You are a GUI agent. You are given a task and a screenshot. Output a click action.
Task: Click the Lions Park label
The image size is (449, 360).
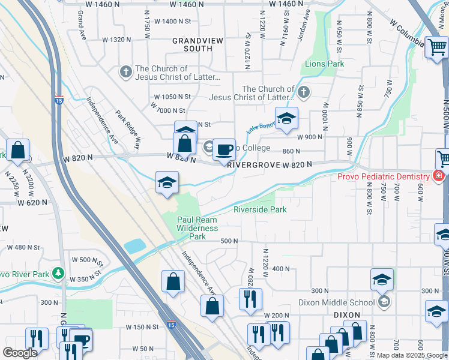click(x=325, y=64)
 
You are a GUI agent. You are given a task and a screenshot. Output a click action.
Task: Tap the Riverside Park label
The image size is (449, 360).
click(x=260, y=209)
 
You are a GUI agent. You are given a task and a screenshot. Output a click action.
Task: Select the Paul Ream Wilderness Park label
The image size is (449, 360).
click(x=197, y=228)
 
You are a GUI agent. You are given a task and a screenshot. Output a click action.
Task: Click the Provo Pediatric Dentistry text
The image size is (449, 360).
click(x=382, y=176)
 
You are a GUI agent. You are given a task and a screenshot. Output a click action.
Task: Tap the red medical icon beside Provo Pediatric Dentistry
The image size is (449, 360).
click(x=439, y=176)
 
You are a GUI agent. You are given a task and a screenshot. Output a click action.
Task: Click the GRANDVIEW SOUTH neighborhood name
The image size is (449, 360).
click(x=192, y=44)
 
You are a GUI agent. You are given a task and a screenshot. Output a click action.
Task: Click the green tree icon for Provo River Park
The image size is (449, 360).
click(x=58, y=272)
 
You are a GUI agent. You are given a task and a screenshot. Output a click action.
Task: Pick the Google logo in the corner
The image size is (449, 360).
click(x=20, y=353)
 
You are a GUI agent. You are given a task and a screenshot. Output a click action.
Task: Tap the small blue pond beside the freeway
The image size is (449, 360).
click(x=136, y=246)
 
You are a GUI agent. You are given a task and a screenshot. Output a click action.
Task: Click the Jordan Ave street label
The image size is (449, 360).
click(x=304, y=25)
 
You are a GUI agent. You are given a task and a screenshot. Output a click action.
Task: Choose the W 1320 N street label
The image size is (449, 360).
click(x=116, y=40)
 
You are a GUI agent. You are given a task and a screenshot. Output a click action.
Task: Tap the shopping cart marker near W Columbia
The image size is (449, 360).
click(x=436, y=47)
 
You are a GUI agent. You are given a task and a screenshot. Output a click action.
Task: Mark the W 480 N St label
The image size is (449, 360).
click(x=23, y=247)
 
